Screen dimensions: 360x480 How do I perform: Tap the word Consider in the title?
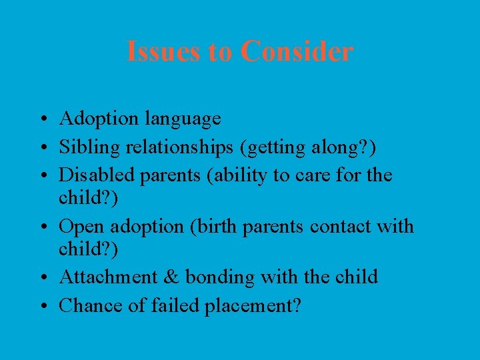[297, 51]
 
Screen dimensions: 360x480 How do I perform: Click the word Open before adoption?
[83, 227]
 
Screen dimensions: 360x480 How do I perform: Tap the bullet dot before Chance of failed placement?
[41, 307]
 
